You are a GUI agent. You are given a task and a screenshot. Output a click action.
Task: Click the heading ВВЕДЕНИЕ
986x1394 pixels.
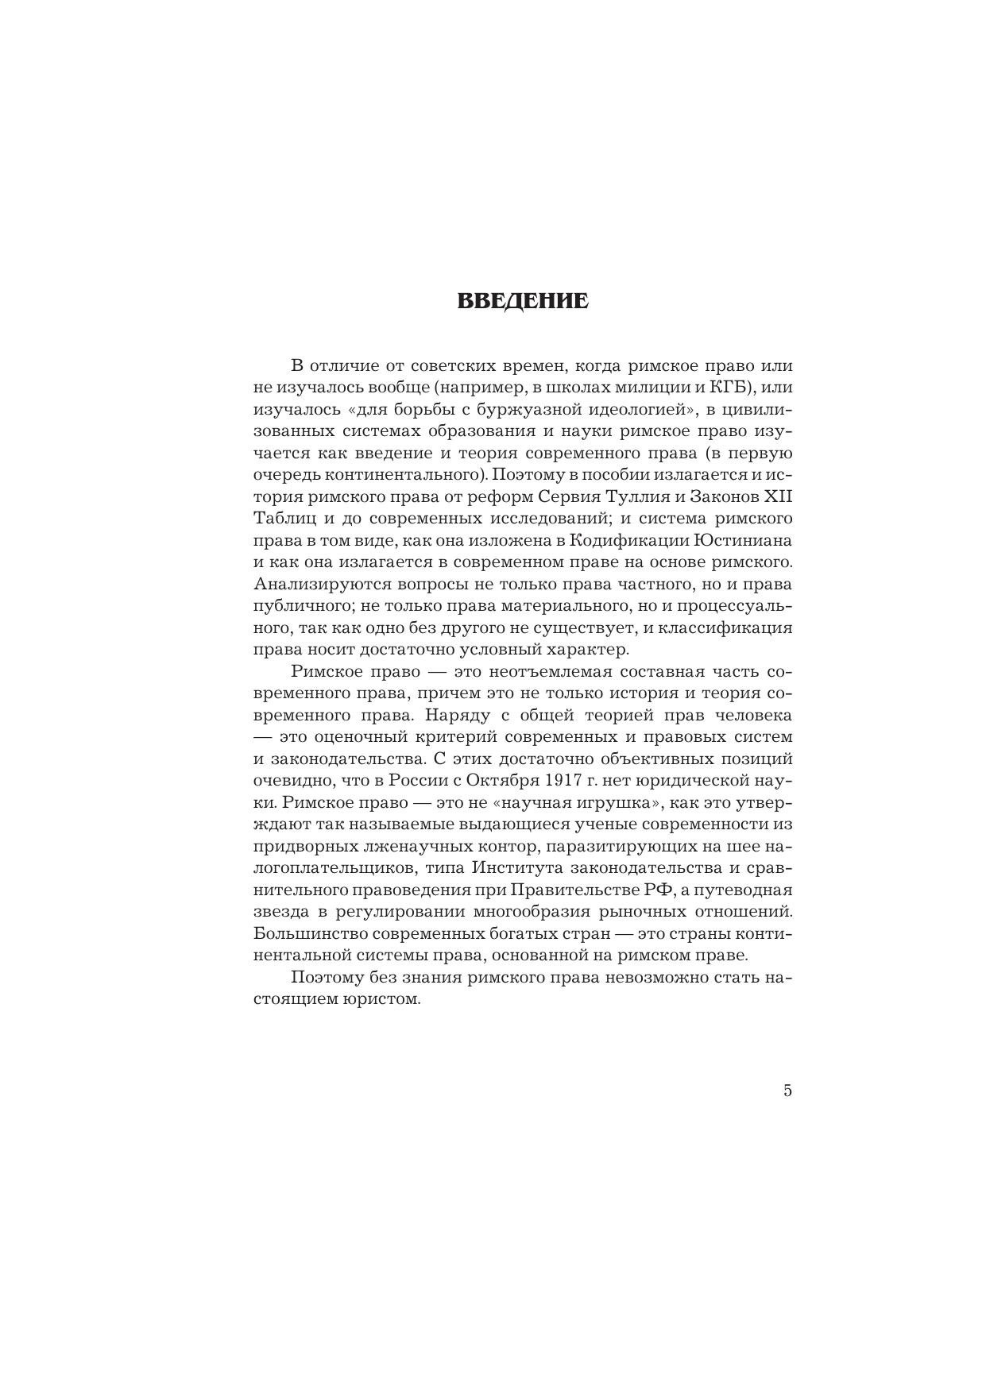pos(523,302)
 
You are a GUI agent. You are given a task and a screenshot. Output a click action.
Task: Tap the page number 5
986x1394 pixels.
pos(787,1091)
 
